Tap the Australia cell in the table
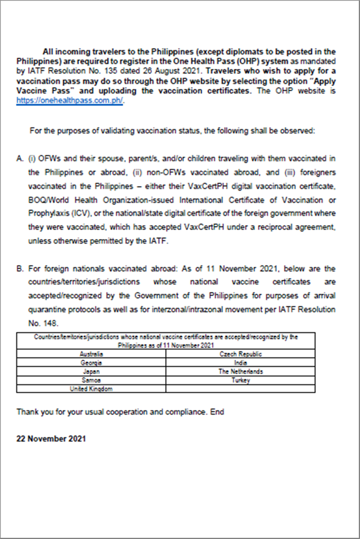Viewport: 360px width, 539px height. [x=91, y=354]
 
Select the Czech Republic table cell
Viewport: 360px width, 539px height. [x=240, y=354]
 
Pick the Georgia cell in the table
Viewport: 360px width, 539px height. [x=91, y=363]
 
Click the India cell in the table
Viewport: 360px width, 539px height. [x=240, y=363]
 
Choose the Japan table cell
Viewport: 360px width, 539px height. [x=91, y=372]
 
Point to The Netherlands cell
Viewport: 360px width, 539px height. [x=240, y=372]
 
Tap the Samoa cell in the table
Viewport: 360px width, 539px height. [x=91, y=380]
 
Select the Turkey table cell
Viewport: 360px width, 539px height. [x=240, y=380]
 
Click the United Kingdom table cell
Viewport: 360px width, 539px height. [x=91, y=389]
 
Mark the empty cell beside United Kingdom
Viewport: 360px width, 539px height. [x=240, y=389]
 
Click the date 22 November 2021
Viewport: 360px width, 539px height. [x=51, y=439]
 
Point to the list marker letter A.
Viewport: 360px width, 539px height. [x=20, y=158]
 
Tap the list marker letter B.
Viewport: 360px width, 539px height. [x=20, y=268]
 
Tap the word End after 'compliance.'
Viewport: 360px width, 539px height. [x=217, y=412]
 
